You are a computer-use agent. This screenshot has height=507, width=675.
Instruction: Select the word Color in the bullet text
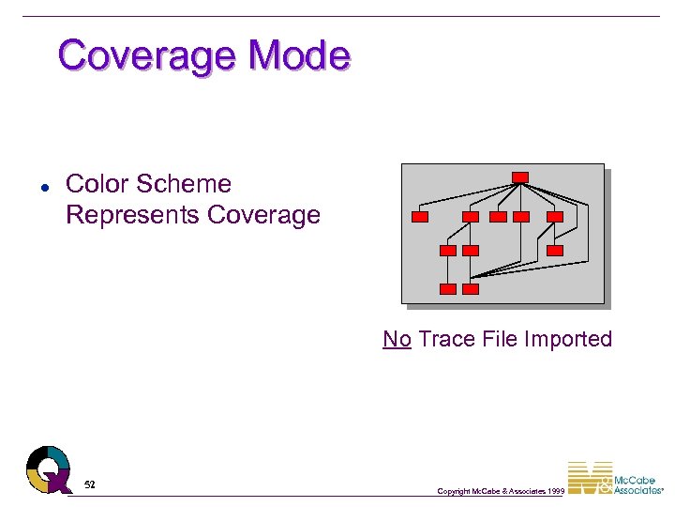pos(97,184)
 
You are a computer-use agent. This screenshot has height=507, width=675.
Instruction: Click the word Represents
pos(132,215)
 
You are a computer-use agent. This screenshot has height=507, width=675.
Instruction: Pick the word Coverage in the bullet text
pos(264,215)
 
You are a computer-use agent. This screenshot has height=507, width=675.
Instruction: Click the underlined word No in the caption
pos(397,339)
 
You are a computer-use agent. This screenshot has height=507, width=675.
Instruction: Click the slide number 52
pos(90,484)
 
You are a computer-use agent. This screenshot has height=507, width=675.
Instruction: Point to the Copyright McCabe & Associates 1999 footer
pos(501,491)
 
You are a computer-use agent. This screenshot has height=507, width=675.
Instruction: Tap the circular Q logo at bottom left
pos(48,469)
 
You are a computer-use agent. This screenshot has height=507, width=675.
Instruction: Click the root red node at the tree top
pos(520,177)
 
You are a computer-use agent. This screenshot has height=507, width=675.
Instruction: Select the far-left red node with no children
pos(420,217)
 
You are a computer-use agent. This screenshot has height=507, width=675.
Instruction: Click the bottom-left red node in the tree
pos(448,289)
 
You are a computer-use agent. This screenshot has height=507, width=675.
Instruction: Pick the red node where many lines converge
pos(471,289)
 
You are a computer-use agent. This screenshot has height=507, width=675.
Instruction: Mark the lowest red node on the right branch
pos(555,251)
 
